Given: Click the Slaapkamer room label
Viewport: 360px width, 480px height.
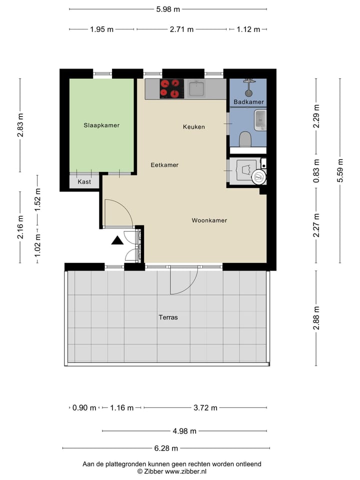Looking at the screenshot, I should [101, 125].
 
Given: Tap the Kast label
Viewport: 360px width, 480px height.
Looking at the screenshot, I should [84, 182].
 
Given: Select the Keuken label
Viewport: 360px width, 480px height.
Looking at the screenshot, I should [193, 127].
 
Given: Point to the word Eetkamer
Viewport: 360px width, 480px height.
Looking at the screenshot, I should [164, 165].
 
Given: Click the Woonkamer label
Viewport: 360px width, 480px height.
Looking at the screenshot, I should [209, 220].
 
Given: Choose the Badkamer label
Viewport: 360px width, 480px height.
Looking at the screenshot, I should [248, 102].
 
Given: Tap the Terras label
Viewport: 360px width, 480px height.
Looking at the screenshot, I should [168, 317].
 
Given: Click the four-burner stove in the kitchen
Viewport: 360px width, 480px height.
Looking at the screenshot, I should [170, 88].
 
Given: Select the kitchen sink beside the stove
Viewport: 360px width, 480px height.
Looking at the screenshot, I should [196, 89].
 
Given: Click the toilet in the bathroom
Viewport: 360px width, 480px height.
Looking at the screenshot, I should [245, 138].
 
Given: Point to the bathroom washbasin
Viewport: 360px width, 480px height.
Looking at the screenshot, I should [260, 120].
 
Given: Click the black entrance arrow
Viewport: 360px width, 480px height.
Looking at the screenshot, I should [117, 240].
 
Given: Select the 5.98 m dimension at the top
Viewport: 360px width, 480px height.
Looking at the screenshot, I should [168, 9].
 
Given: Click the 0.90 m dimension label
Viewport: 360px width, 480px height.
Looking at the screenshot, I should [84, 408].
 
